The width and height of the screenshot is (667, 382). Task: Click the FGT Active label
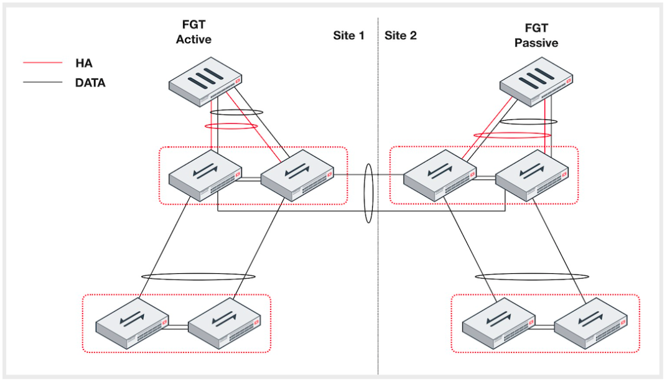pos(194,32)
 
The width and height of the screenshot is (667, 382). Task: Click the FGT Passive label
pos(536,35)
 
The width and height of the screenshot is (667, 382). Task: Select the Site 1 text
pos(348,35)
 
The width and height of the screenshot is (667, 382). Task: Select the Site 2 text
pos(401,35)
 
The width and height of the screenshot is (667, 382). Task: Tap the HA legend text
pos(83,63)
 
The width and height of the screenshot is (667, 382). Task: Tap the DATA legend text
pos(90,82)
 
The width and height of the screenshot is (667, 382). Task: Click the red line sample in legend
pos(42,63)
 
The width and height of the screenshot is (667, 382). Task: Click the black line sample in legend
pos(42,82)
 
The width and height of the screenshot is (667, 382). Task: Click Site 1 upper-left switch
pos(205,175)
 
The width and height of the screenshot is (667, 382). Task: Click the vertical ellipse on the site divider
pos(369,193)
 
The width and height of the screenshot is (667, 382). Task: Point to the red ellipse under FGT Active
pos(231,126)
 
